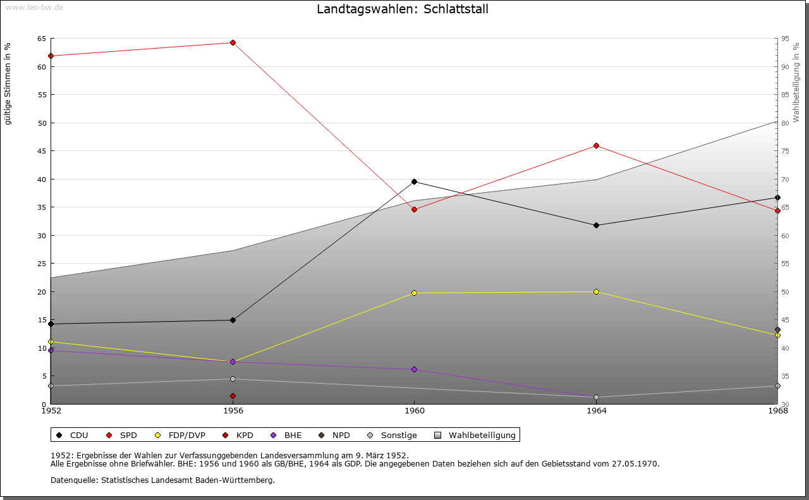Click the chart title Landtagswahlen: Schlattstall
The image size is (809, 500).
[x=403, y=9]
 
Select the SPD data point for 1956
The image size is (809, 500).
[x=233, y=43]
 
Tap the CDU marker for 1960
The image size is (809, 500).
[x=414, y=182]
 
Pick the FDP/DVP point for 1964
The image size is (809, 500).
[x=596, y=291]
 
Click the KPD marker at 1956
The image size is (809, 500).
[x=233, y=396]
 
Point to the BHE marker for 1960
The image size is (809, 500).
[x=414, y=370]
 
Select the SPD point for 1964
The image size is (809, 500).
[x=596, y=146]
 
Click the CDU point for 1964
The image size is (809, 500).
[x=596, y=226]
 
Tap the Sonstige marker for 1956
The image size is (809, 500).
[x=233, y=379]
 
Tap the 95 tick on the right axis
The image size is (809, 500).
[x=785, y=39]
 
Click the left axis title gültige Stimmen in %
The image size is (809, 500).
[x=8, y=83]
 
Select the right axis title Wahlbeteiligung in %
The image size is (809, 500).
[x=796, y=82]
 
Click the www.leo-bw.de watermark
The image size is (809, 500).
[x=34, y=7]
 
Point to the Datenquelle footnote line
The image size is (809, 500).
[x=162, y=480]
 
